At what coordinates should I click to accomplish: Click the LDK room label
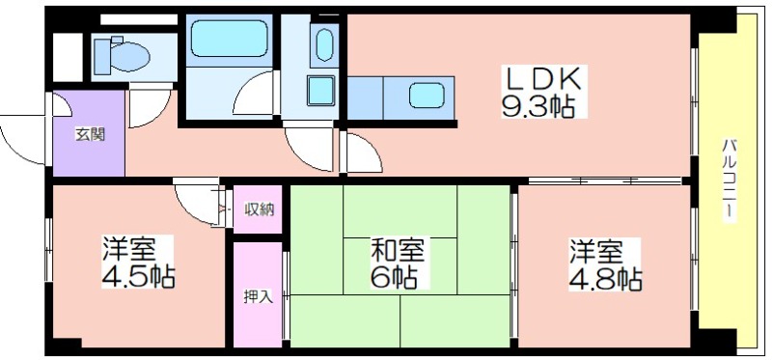543,79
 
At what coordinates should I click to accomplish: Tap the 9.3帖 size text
538,105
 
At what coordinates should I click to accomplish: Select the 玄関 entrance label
90,134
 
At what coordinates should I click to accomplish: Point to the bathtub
230,38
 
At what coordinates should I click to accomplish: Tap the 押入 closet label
258,296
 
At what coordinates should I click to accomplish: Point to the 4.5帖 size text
138,277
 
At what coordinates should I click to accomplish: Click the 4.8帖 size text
606,279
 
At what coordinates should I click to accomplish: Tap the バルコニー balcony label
730,180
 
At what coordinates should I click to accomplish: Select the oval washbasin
324,45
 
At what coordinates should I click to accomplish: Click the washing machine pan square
320,91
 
